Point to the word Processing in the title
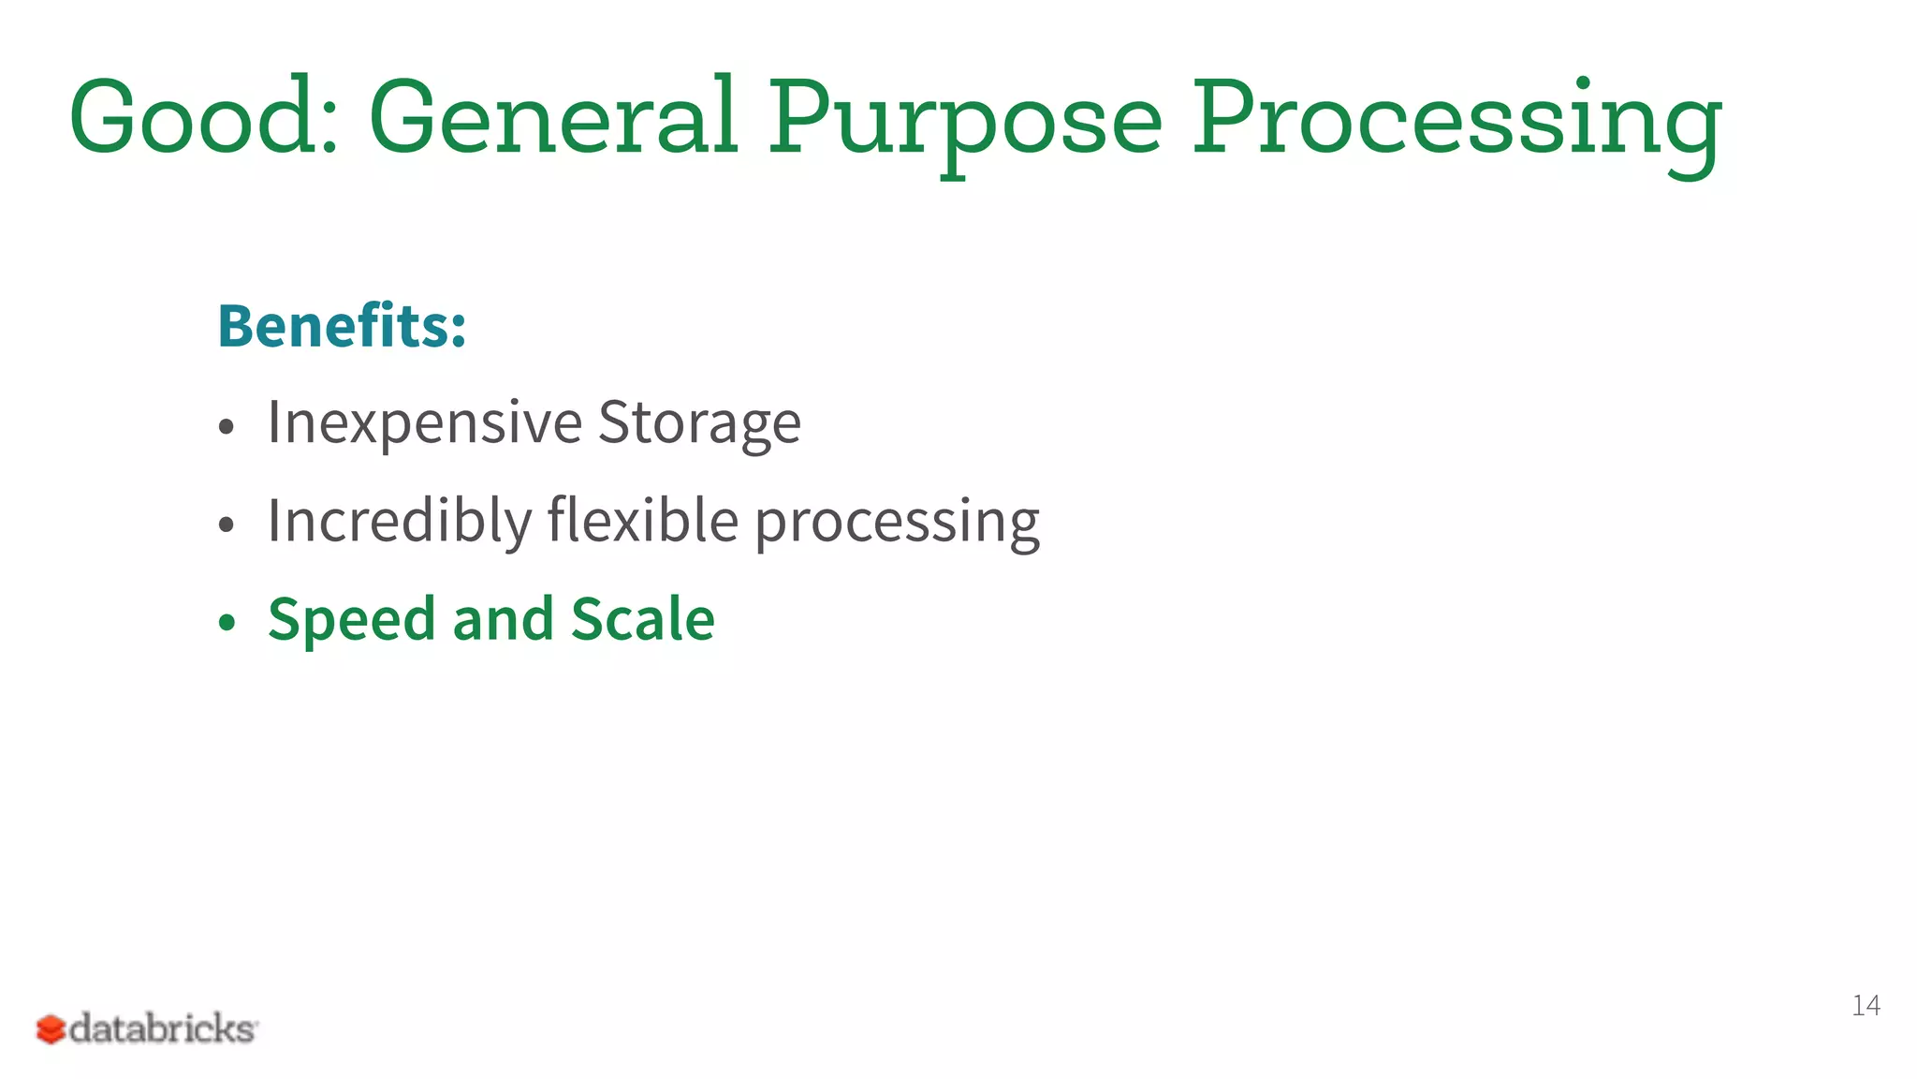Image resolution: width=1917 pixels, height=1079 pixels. coord(1456,122)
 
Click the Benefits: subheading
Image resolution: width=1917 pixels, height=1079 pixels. coord(342,326)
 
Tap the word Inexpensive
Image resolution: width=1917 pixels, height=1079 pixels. coord(425,422)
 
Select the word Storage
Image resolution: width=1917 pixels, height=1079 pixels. coord(699,422)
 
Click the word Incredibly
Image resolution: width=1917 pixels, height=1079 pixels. coord(400,521)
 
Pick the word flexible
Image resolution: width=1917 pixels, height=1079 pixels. coord(643,521)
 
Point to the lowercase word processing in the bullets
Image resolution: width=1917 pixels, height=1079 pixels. coord(897,525)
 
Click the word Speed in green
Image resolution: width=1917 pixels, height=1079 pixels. coord(352,620)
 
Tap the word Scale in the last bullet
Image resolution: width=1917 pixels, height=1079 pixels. coord(643,620)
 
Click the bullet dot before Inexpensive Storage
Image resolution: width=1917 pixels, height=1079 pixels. coord(226,427)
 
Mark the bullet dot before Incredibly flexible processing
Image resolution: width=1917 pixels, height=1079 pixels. coord(226,525)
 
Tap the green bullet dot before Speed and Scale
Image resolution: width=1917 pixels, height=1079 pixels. coord(226,623)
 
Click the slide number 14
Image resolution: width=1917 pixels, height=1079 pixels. coord(1866,1005)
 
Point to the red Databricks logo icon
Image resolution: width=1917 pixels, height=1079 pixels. coord(51,1029)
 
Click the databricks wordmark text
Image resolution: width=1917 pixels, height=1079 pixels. coord(163,1028)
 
